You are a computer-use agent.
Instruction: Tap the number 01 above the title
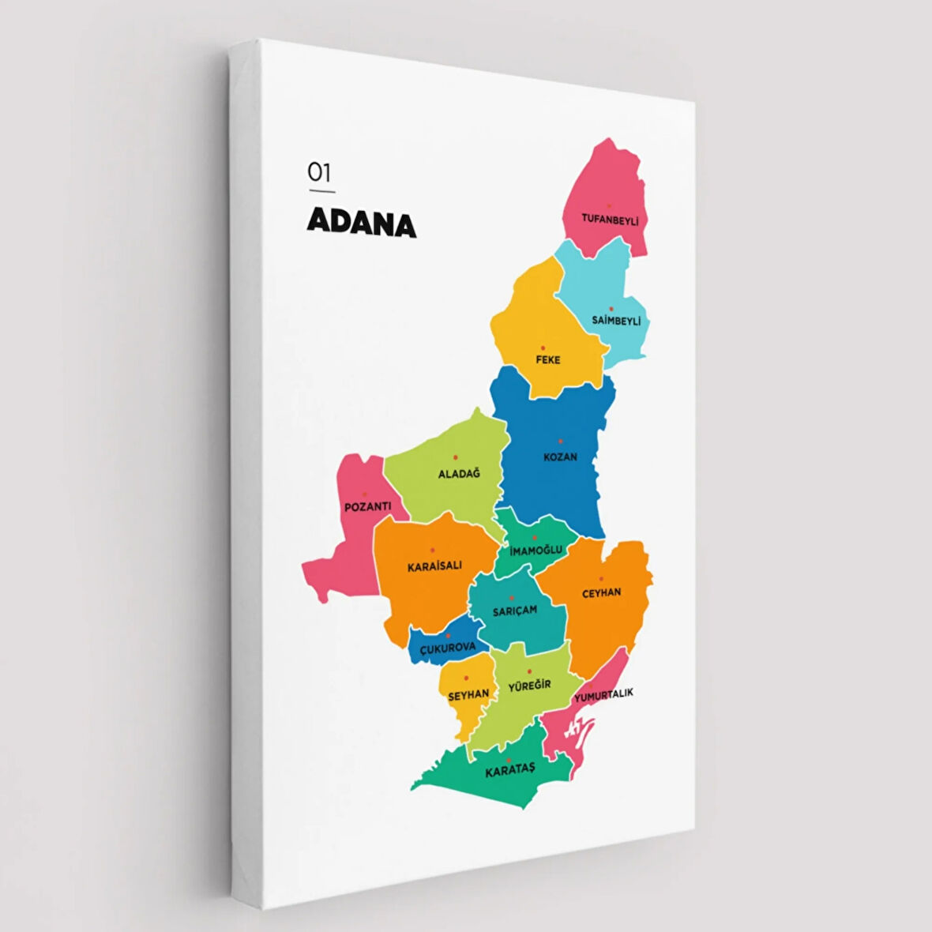click(x=319, y=172)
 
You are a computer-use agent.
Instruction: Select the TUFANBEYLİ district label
click(x=610, y=217)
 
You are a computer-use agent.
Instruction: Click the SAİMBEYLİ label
click(x=616, y=321)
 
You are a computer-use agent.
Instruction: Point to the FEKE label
click(x=547, y=359)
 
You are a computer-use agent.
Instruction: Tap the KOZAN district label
click(x=560, y=457)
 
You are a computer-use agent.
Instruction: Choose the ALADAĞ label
click(x=459, y=474)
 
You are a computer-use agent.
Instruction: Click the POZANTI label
click(x=367, y=506)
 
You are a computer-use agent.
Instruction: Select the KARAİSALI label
click(x=434, y=566)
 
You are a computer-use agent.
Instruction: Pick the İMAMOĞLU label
click(x=536, y=549)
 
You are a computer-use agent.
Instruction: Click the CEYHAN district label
click(x=601, y=592)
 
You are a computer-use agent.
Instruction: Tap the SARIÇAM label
click(x=514, y=610)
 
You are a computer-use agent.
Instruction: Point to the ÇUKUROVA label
click(x=448, y=648)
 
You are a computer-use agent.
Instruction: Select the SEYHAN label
click(x=468, y=694)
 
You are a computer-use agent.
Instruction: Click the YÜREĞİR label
click(x=529, y=685)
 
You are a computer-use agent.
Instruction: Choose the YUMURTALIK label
click(x=603, y=694)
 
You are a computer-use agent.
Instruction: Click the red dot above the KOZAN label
click(x=561, y=442)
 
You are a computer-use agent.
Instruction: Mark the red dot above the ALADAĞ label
click(x=456, y=457)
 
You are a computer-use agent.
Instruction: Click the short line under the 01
click(x=321, y=191)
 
